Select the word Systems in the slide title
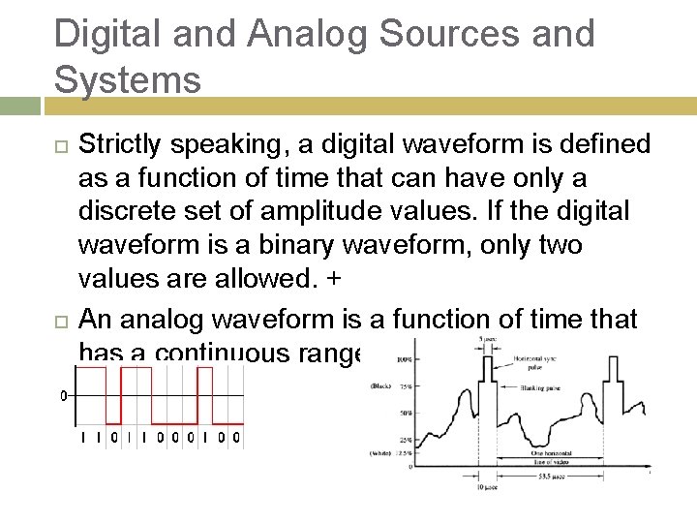128,78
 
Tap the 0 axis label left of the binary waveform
63,396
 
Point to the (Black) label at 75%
380,386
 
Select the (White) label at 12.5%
380,453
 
